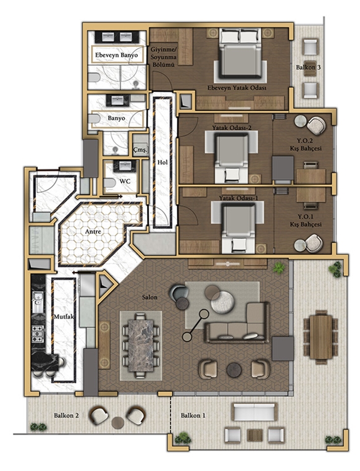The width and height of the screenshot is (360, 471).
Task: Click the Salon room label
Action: (x=149, y=297)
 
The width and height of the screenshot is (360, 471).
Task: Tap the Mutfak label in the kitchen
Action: (x=64, y=317)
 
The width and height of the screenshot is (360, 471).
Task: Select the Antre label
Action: (x=93, y=232)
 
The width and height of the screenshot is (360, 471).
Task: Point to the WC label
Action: (x=125, y=182)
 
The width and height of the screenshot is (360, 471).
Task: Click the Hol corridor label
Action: (x=162, y=163)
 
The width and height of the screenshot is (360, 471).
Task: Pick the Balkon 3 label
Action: (x=308, y=67)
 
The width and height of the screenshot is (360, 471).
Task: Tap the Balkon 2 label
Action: (x=66, y=415)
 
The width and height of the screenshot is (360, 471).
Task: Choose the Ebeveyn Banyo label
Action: (x=117, y=55)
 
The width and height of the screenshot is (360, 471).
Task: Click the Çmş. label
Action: (x=140, y=150)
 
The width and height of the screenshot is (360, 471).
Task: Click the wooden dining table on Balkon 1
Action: (x=320, y=336)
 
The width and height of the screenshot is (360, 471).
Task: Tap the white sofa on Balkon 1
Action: (x=254, y=412)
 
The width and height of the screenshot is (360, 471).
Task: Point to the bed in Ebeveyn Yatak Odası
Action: (x=240, y=54)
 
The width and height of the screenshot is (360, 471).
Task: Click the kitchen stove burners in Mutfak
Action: (x=38, y=334)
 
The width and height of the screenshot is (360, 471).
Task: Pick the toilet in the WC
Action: (x=109, y=182)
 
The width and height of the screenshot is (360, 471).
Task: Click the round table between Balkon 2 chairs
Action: (x=118, y=423)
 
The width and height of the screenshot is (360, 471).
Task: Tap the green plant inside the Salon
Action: (x=278, y=268)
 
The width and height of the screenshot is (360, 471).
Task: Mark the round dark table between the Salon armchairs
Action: (x=234, y=370)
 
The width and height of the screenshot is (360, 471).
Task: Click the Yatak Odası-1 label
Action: (x=238, y=198)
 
